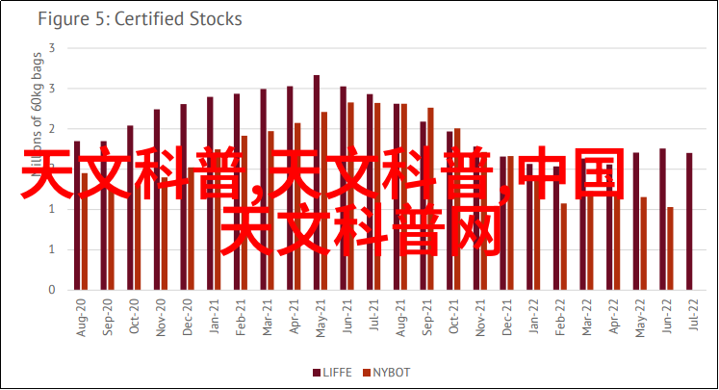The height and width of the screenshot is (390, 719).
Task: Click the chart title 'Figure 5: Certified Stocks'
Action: (141, 18)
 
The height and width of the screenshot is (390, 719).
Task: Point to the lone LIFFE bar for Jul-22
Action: (689, 221)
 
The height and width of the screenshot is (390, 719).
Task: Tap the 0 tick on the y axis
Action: (51, 290)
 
